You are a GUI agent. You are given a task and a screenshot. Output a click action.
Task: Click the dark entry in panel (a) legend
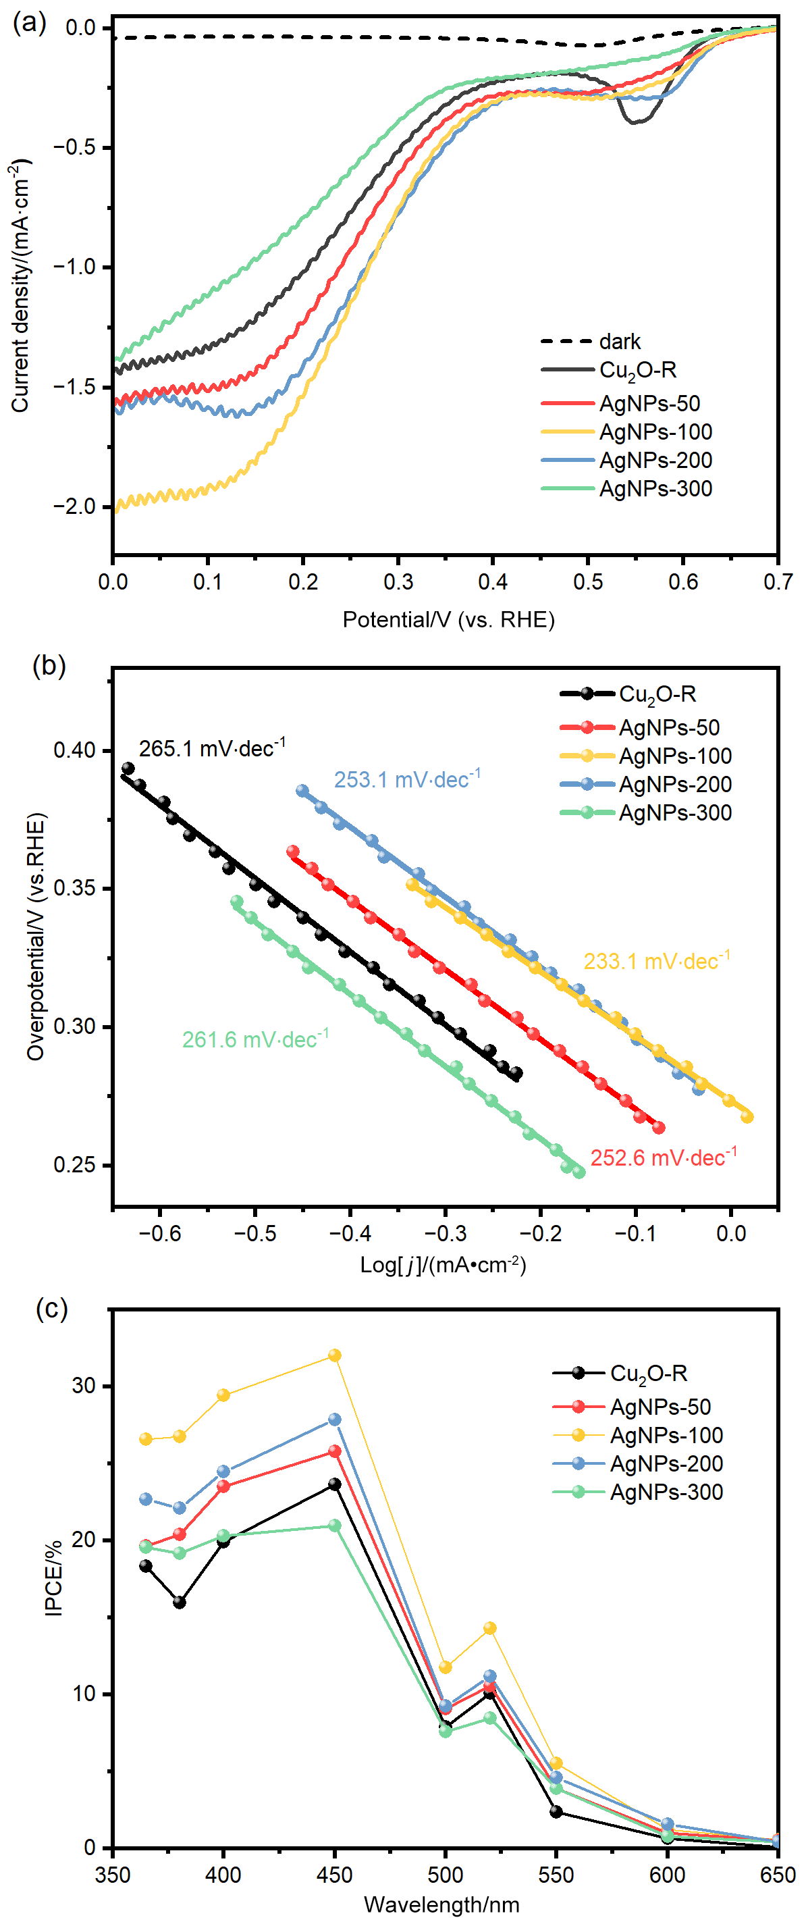click(619, 342)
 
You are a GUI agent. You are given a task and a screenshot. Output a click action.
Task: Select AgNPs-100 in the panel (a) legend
click(655, 432)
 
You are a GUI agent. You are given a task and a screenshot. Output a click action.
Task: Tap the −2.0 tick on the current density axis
click(75, 506)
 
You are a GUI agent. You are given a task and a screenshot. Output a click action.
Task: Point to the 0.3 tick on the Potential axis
click(398, 581)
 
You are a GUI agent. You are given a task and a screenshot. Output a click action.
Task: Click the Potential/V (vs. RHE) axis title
click(449, 620)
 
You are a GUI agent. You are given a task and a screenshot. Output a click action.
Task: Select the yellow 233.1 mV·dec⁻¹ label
click(656, 961)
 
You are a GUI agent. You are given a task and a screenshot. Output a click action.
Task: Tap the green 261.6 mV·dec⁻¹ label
click(255, 1039)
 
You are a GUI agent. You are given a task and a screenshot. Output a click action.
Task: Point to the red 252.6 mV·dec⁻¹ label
click(663, 1157)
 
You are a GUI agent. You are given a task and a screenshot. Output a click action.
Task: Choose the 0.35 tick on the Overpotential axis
click(75, 888)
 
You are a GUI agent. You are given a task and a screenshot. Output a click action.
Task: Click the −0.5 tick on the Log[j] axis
click(255, 1233)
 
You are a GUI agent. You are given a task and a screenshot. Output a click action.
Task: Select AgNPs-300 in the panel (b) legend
click(674, 812)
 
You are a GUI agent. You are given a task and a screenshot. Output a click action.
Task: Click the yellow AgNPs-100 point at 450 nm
click(335, 1355)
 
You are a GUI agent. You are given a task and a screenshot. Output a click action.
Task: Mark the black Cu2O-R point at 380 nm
click(180, 1603)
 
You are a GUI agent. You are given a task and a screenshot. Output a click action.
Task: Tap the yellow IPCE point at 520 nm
click(489, 1628)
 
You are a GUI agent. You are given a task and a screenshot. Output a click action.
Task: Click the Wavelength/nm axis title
click(441, 1904)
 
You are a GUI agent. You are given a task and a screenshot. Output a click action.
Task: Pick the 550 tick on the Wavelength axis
click(556, 1875)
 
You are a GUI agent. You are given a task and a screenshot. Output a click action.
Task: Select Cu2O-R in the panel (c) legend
click(648, 1374)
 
